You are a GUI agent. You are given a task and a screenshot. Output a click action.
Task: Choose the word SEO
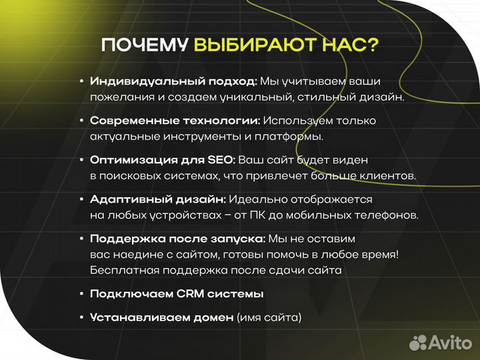click(x=221, y=160)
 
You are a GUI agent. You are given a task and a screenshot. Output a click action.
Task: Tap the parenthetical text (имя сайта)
click(x=269, y=317)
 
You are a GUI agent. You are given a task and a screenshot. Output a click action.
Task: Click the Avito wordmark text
click(x=448, y=343)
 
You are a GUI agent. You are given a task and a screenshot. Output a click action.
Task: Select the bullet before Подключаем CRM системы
click(x=81, y=294)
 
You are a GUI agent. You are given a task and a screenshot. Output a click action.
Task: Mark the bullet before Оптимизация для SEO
click(x=81, y=160)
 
